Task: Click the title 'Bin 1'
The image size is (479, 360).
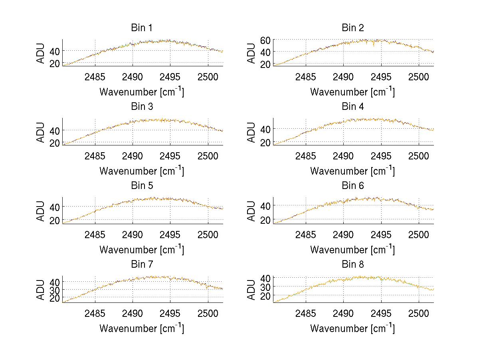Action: tap(142, 28)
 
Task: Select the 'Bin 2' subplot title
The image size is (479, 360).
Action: tap(352, 28)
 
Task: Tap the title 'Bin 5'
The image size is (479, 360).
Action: tap(142, 186)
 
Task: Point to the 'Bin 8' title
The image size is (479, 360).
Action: tap(352, 265)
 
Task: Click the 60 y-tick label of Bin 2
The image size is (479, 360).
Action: tap(266, 40)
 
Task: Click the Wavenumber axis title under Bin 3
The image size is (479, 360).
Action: tap(142, 171)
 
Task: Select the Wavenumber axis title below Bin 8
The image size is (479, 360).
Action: tap(352, 328)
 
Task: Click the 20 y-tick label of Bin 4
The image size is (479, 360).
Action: tap(266, 142)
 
